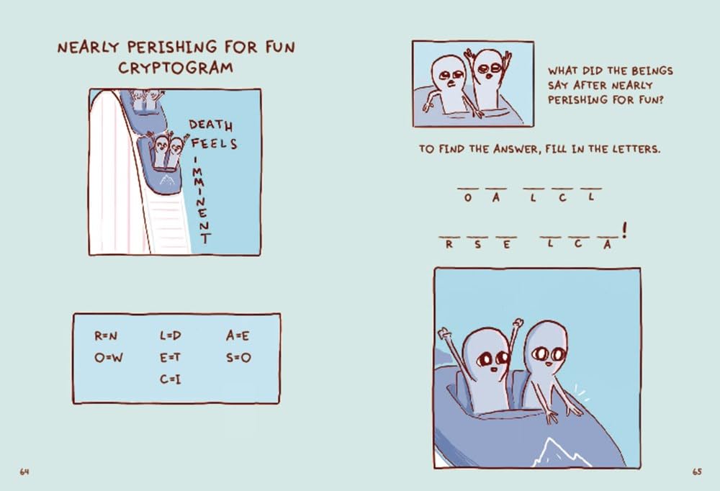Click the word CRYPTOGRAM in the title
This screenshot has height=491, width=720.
[176, 68]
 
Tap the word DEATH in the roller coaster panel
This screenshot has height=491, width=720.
[211, 125]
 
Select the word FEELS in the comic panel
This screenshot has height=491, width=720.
[214, 144]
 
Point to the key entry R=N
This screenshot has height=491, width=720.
[106, 335]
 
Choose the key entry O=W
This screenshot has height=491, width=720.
[109, 357]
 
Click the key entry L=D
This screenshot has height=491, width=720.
[171, 335]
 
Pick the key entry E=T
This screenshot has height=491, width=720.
[170, 357]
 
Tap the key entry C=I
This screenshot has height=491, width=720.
[170, 379]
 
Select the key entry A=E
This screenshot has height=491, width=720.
[238, 335]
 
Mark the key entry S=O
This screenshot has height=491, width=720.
[238, 357]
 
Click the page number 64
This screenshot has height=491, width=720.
[24, 472]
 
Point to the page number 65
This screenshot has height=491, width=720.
[697, 472]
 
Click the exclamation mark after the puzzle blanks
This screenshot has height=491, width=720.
[624, 230]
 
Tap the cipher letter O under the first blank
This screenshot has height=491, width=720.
[467, 198]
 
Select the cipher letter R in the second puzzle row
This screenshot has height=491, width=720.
[449, 244]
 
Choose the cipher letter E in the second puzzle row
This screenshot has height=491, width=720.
[506, 244]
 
